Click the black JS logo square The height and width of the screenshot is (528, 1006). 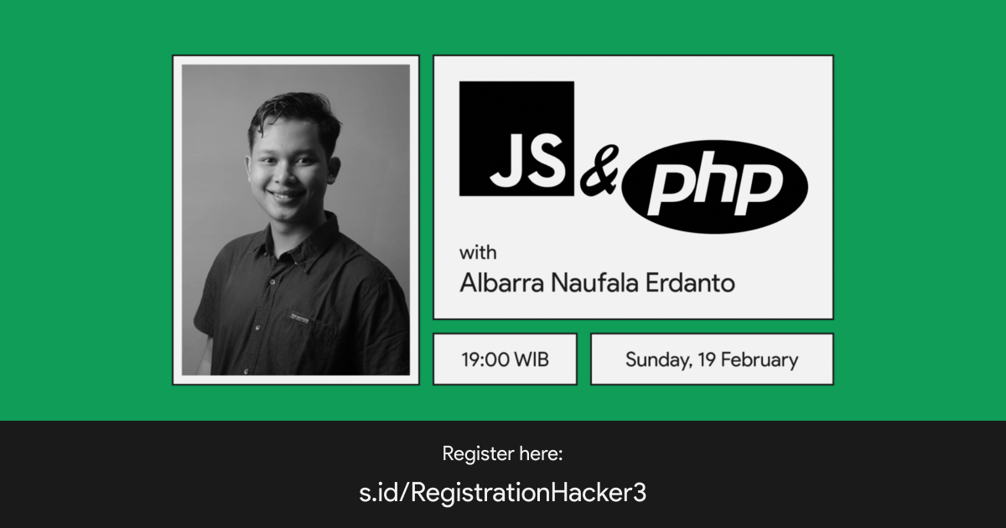click(x=516, y=139)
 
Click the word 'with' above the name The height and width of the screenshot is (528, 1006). click(x=478, y=253)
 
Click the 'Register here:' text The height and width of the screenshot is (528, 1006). click(x=502, y=454)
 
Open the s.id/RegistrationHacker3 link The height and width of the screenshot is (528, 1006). click(x=502, y=493)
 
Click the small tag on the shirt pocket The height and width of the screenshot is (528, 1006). click(x=298, y=317)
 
